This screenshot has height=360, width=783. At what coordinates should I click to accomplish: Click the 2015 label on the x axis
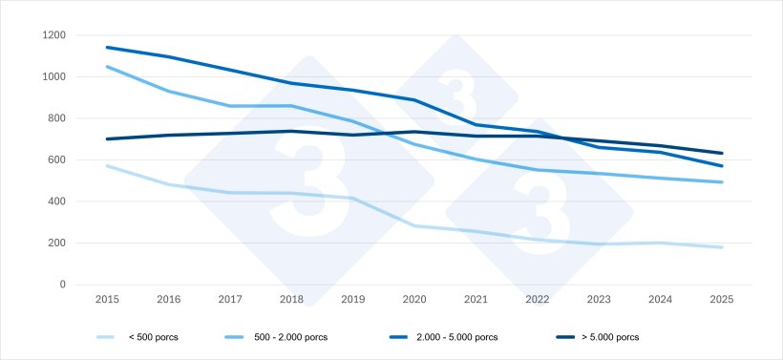107,300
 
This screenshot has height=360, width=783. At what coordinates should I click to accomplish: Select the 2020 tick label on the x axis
414,300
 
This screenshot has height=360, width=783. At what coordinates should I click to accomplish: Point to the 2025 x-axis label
722,300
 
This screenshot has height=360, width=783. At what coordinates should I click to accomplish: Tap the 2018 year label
291,300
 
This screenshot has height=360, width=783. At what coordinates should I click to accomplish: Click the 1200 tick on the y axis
53,35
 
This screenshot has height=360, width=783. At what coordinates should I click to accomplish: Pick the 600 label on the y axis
57,160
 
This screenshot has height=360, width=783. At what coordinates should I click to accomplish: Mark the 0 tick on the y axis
62,285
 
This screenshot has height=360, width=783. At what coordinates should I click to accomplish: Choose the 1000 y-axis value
53,77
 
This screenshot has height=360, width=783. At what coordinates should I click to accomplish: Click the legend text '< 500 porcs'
152,337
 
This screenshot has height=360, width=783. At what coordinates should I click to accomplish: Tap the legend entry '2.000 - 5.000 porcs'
459,337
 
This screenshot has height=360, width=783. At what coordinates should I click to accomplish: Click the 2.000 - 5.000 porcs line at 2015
107,47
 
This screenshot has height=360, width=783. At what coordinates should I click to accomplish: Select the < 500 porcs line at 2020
414,225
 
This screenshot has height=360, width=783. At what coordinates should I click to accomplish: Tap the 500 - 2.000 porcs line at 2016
168,91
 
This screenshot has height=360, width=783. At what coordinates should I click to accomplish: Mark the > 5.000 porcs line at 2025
722,153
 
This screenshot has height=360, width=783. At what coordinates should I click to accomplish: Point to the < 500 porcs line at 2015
107,165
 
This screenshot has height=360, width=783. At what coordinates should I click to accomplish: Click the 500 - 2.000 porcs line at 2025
722,182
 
